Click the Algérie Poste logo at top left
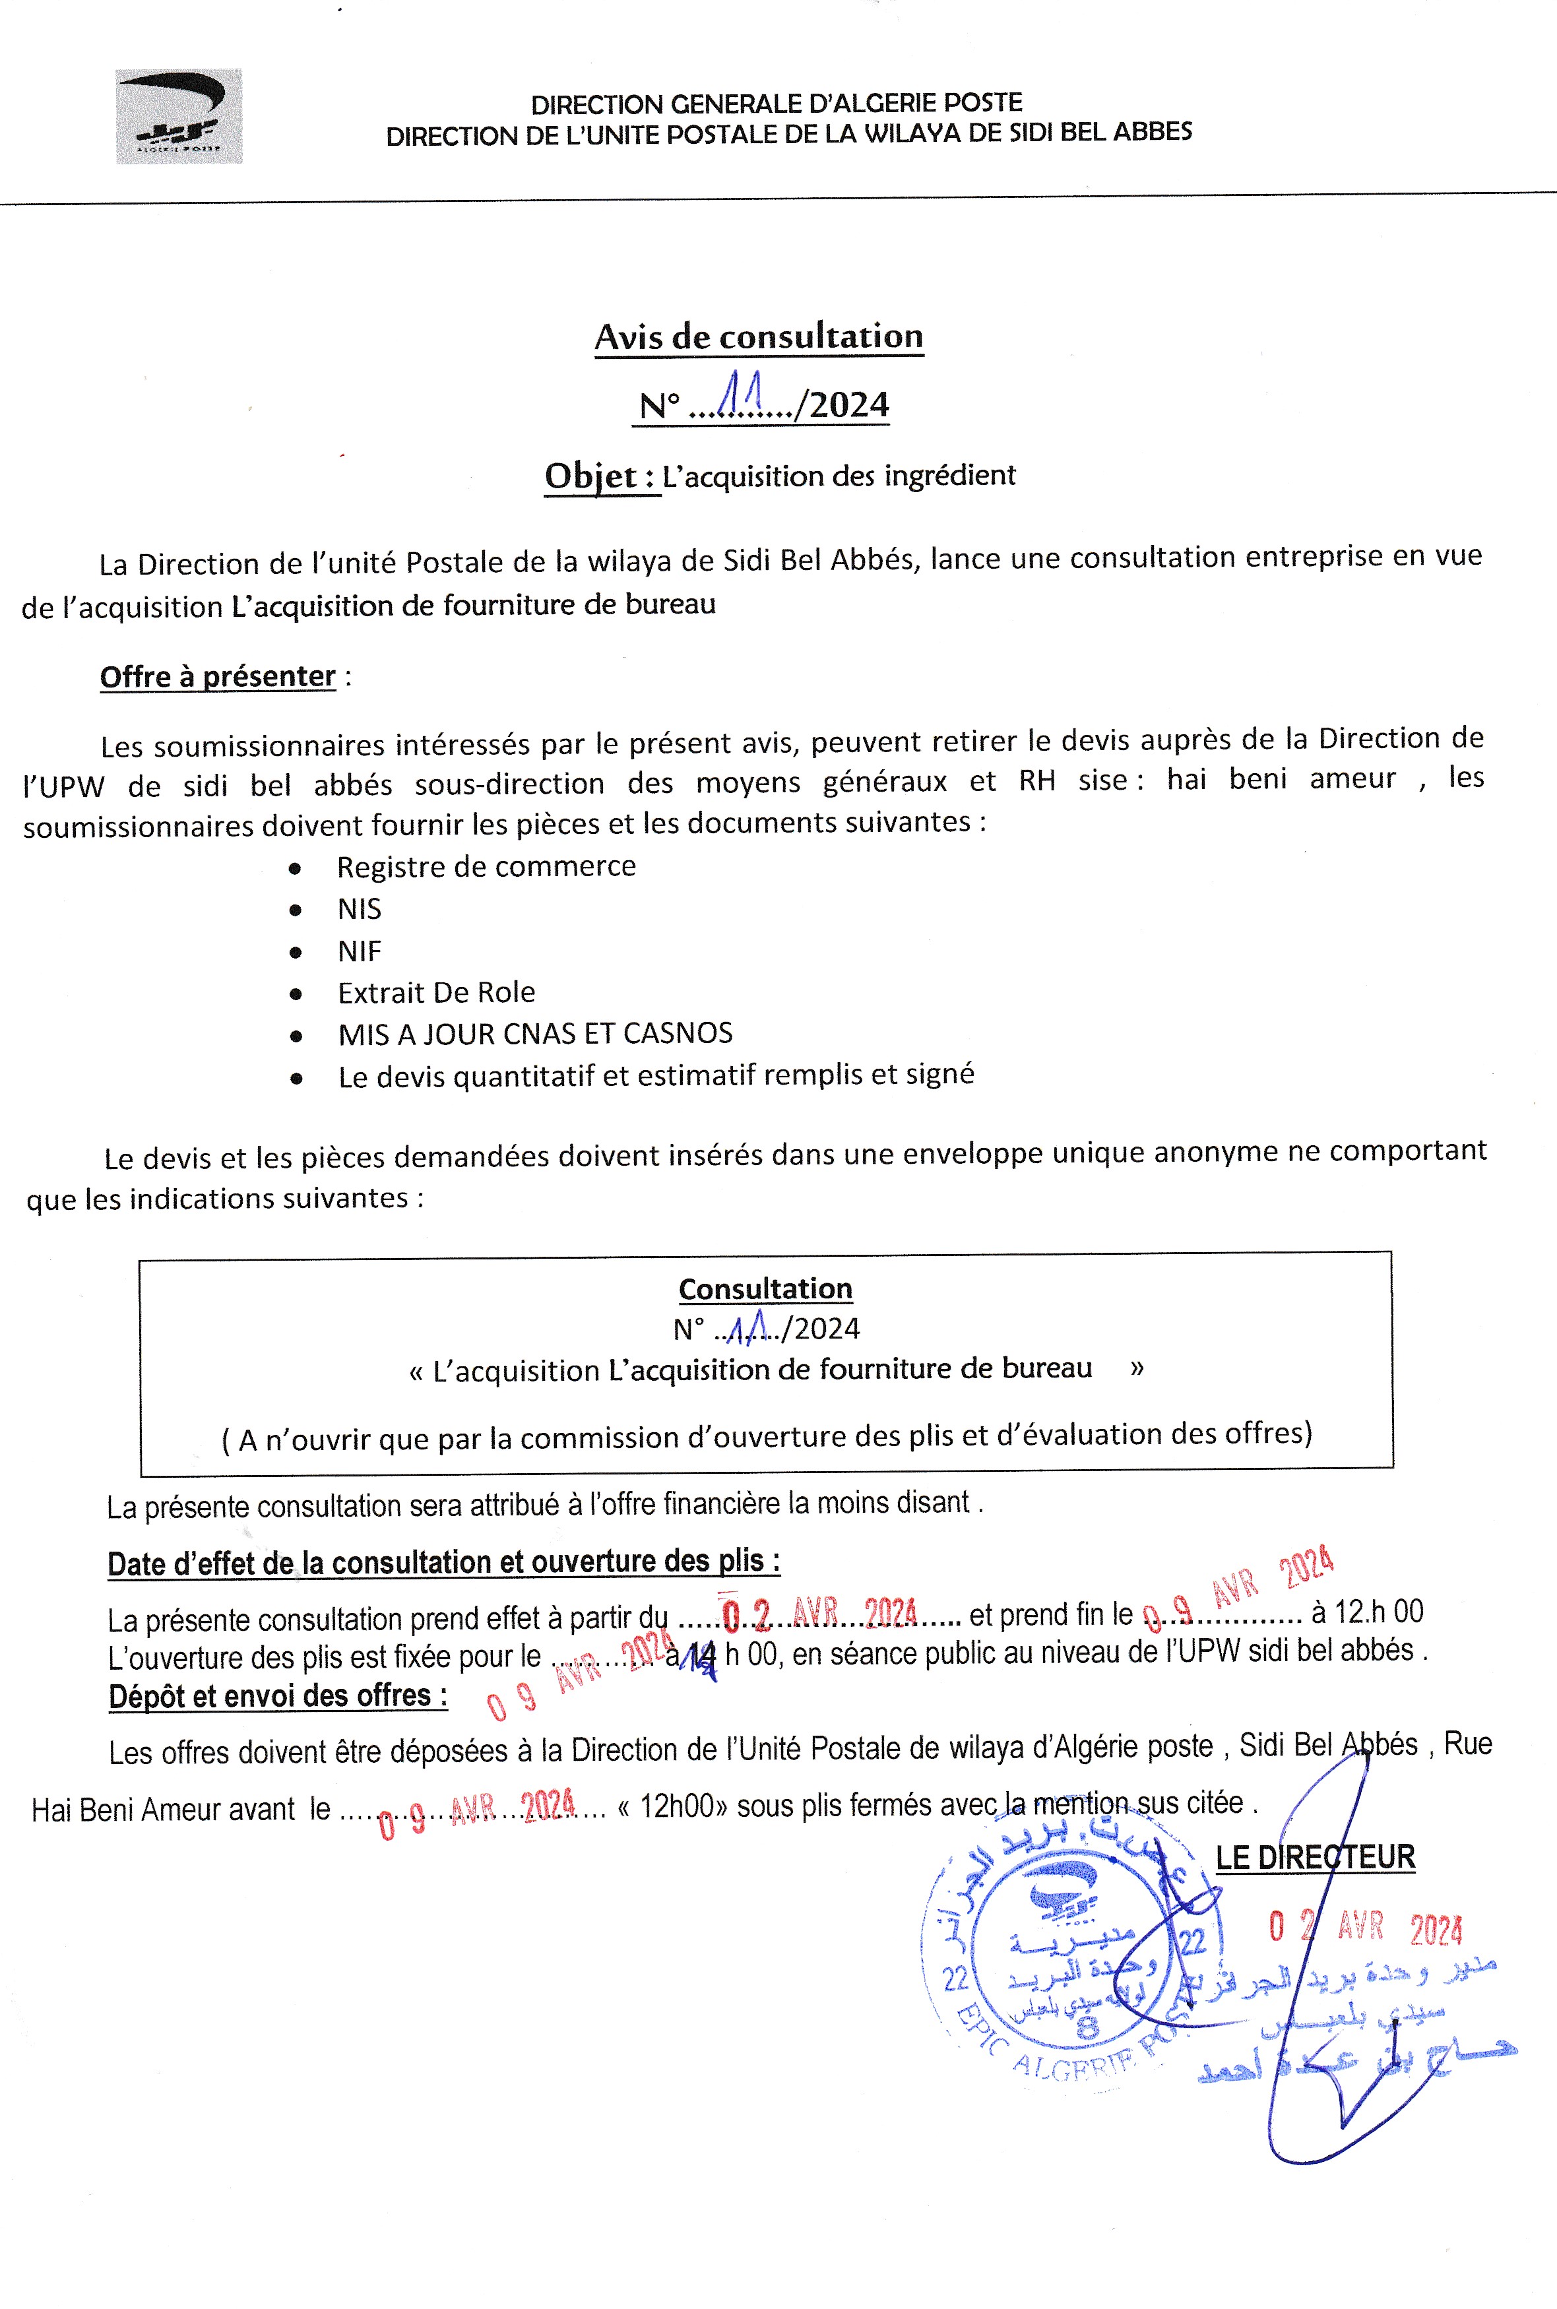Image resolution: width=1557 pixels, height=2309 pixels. (179, 115)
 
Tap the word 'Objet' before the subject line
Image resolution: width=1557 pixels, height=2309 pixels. (591, 476)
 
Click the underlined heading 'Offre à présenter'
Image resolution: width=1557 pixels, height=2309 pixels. (218, 677)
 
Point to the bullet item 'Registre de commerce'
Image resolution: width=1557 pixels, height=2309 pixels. (486, 867)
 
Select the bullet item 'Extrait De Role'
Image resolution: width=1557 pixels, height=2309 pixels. (436, 993)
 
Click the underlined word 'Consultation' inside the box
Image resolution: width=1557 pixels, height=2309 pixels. (765, 1288)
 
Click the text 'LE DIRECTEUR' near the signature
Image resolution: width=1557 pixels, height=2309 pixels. (1315, 1856)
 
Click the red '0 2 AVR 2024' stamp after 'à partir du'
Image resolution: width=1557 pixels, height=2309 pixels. (819, 1615)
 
